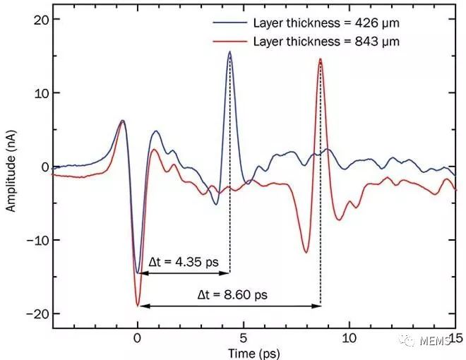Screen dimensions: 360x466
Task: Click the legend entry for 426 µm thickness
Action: coord(325,23)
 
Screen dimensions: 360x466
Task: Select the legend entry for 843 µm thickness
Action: coord(325,42)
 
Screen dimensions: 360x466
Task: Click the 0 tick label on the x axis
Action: coord(138,338)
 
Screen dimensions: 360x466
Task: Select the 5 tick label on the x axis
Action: coord(244,338)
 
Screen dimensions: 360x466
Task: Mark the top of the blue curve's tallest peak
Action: coord(229,52)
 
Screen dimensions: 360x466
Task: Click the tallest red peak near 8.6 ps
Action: coord(321,59)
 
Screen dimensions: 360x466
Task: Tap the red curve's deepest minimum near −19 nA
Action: coord(138,306)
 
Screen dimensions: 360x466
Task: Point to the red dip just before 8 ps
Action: coord(306,252)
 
